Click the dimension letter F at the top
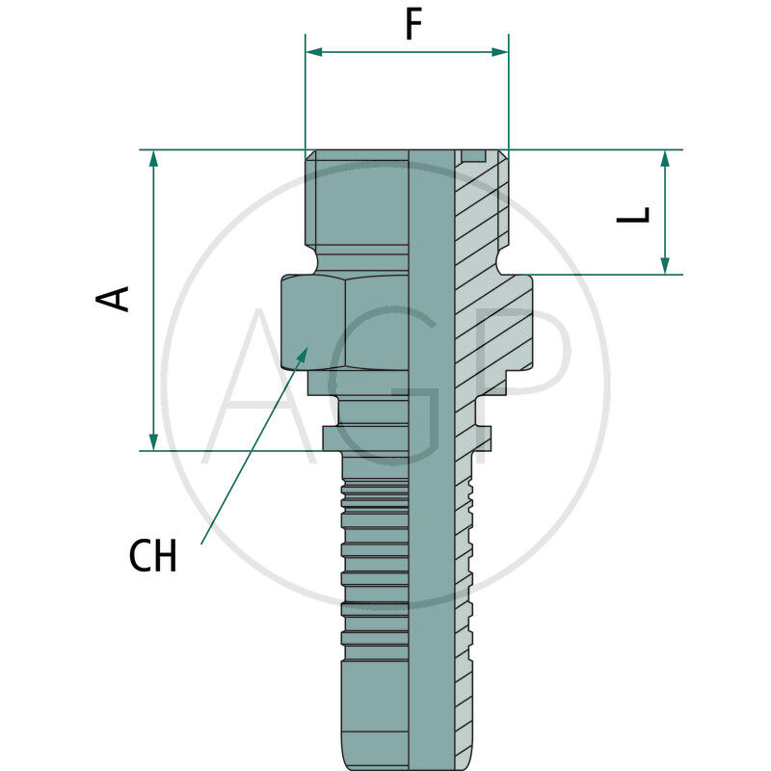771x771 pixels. click(x=412, y=25)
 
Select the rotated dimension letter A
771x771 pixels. click(x=115, y=298)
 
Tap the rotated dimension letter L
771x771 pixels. click(x=634, y=215)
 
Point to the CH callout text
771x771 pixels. click(x=153, y=557)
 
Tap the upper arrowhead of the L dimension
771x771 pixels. click(x=665, y=159)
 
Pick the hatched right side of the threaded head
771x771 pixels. click(x=479, y=207)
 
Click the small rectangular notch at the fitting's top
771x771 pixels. click(x=473, y=156)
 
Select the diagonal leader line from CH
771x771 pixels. click(x=251, y=448)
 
